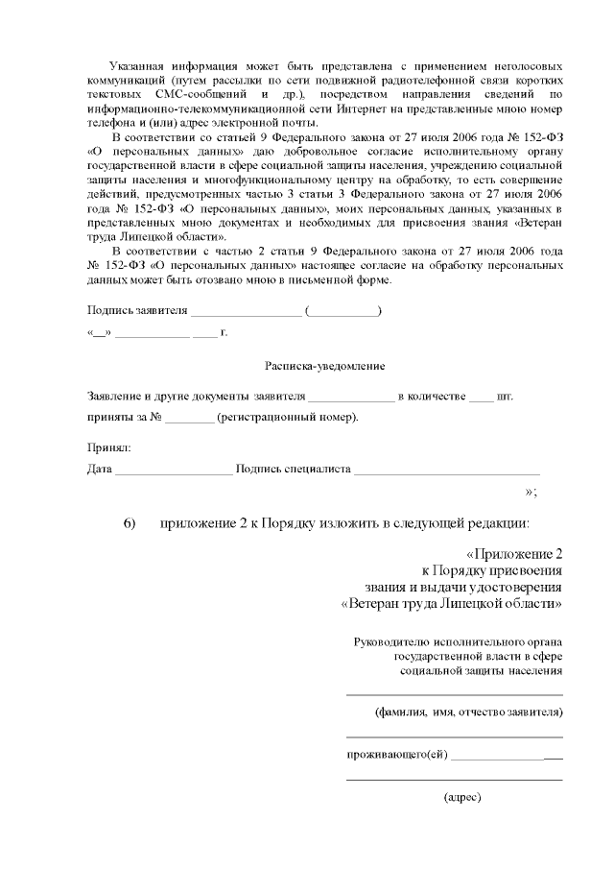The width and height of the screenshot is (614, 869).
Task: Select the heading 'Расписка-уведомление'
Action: point(324,367)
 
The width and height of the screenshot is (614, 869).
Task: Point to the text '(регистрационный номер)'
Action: point(288,418)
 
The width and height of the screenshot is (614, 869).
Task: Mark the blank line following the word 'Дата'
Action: point(173,471)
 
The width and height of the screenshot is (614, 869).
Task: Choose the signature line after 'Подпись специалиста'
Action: point(446,471)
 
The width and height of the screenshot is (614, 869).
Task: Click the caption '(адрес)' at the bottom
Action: point(461,797)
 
